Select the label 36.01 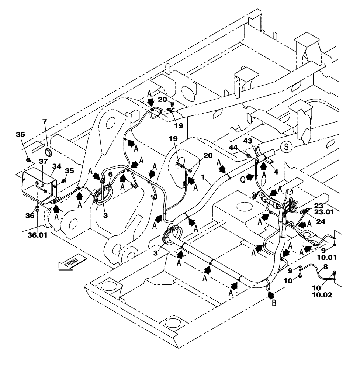pos(38,234)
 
